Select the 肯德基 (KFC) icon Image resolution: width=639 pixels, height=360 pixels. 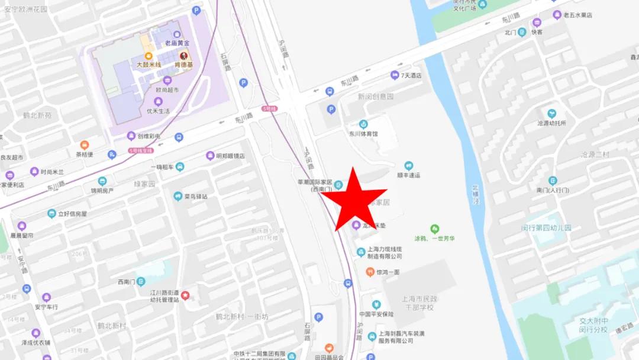point(183,56)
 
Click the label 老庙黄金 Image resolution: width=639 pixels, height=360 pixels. point(177,43)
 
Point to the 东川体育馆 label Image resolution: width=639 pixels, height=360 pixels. point(363,134)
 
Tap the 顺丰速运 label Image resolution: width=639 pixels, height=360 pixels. point(408,175)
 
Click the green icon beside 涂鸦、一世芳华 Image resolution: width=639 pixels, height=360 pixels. point(435,229)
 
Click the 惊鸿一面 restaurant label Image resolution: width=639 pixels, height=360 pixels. point(388,272)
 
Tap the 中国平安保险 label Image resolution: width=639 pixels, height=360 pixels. point(376,314)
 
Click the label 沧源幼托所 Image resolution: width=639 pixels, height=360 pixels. point(551,123)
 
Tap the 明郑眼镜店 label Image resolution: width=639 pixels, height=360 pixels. point(230,156)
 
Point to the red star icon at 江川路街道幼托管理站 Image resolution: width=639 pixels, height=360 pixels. point(185,295)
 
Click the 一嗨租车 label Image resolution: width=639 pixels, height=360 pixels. point(162,167)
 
